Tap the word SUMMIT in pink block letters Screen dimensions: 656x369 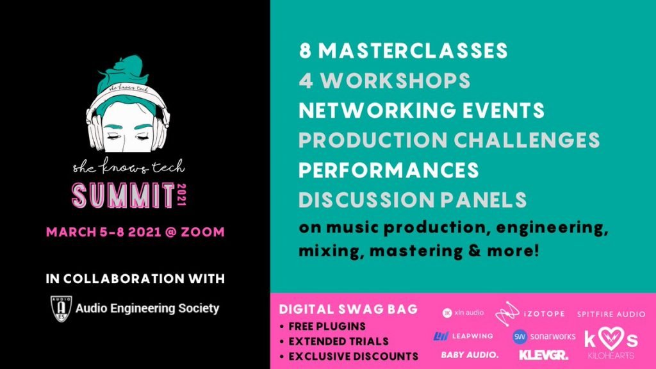point(124,196)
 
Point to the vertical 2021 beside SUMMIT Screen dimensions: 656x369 point(181,195)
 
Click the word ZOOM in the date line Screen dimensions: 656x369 point(202,232)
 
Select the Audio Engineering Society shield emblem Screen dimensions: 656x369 point(61,309)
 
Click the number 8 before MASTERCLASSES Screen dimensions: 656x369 point(306,51)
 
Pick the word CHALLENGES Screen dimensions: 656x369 point(527,140)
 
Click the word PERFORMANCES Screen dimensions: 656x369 point(389,170)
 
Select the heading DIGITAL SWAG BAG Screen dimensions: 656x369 point(348,309)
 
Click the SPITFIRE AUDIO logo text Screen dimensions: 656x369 point(611,314)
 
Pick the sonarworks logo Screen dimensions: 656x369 point(544,336)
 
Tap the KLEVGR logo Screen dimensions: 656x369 point(544,355)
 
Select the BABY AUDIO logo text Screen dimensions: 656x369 point(470,355)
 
